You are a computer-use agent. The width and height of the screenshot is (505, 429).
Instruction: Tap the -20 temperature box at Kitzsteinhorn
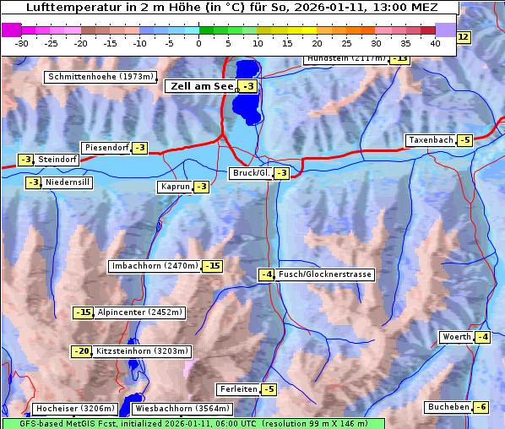point(81,351)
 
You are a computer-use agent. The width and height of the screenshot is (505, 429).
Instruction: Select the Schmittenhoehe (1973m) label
point(100,77)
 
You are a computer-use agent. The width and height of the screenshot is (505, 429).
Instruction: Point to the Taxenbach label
point(430,140)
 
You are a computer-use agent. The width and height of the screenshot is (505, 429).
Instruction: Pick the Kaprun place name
point(174,187)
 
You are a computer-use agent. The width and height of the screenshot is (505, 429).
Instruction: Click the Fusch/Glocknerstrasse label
point(324,274)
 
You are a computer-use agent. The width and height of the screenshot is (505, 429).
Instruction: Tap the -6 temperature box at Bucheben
point(481,407)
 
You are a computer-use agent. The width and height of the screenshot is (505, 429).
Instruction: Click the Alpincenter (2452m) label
point(139,312)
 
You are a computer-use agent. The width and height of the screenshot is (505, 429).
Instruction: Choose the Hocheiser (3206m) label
point(68,409)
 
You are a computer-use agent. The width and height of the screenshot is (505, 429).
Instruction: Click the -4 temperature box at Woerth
point(481,338)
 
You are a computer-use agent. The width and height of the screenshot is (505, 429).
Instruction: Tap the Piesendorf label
point(106,148)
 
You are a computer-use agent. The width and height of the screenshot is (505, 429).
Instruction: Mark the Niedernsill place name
point(68,182)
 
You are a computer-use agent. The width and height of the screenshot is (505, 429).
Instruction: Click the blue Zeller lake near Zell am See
point(246,93)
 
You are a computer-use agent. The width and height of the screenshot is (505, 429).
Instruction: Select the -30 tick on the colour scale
point(22,43)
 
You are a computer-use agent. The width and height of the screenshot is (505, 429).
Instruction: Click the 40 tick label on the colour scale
point(435,43)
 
